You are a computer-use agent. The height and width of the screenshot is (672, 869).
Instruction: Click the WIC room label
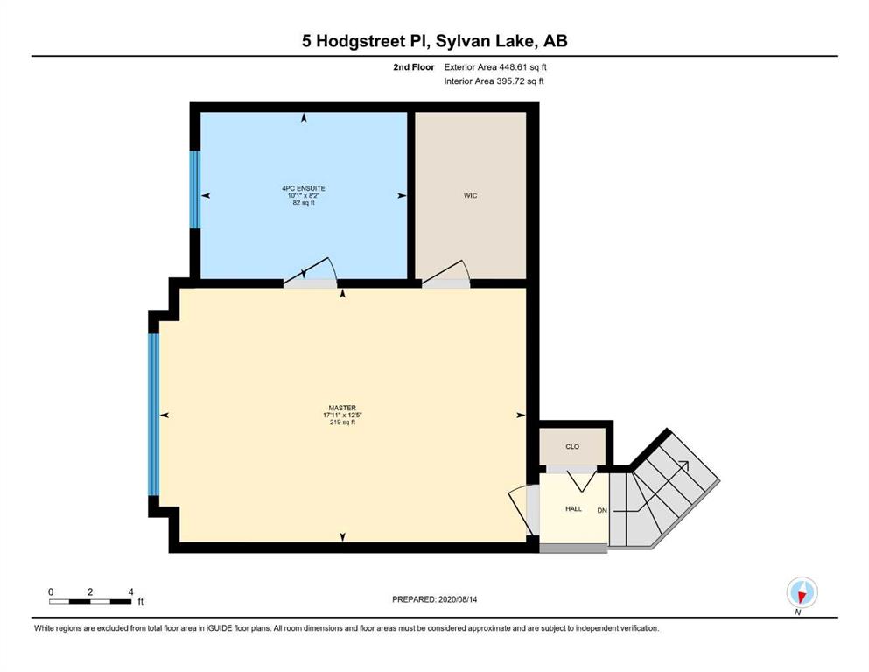pos(470,195)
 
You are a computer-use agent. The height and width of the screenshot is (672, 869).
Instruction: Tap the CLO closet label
pos(572,446)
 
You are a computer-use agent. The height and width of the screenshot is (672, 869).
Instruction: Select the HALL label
pos(573,508)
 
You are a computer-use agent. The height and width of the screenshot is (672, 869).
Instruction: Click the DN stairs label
pos(602,510)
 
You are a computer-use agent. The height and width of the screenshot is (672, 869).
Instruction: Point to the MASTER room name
pos(342,408)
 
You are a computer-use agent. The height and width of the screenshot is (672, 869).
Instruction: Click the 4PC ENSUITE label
pos(304,188)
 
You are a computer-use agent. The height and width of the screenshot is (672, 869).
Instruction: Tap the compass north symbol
pos(802,592)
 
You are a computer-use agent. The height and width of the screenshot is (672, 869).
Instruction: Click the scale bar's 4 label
pos(130,591)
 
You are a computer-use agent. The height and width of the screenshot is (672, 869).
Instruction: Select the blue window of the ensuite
pos(194,190)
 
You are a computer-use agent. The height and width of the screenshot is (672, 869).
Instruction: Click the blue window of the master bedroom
pos(153,414)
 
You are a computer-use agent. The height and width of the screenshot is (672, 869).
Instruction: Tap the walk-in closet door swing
pos(446,273)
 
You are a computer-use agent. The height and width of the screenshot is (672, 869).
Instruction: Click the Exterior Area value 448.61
pos(512,67)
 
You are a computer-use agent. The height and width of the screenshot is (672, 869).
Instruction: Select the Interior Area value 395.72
pos(508,80)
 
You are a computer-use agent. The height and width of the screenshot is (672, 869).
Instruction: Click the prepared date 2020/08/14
pos(457,599)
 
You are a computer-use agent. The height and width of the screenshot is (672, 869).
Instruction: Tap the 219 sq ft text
pos(342,422)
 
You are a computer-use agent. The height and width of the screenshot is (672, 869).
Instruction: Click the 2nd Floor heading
pos(413,67)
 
